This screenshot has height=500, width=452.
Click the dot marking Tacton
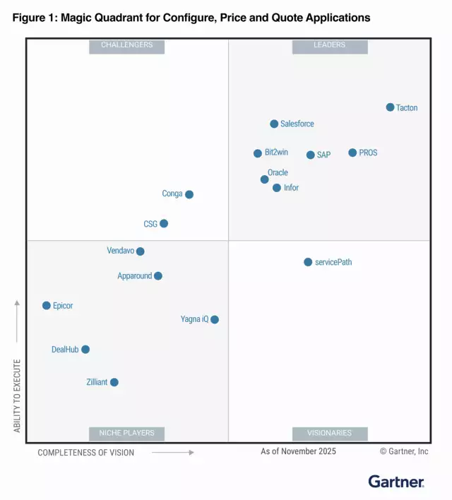click(x=390, y=107)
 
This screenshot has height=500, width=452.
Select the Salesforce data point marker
click(x=274, y=124)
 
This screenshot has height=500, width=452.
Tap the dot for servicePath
click(x=308, y=262)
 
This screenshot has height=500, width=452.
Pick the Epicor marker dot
click(x=47, y=306)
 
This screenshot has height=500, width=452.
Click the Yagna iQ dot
click(x=215, y=319)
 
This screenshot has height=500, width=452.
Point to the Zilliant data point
click(x=114, y=382)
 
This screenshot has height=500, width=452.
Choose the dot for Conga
click(x=189, y=194)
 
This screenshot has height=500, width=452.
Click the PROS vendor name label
click(x=368, y=153)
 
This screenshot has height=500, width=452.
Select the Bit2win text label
click(x=276, y=153)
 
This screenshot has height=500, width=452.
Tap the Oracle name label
click(x=278, y=172)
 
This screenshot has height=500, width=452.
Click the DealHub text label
click(x=65, y=349)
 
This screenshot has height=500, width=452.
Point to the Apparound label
click(x=134, y=276)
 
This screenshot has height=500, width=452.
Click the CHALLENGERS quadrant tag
click(x=126, y=45)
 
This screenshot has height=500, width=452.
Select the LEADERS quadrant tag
click(x=329, y=45)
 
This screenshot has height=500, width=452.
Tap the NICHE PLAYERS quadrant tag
click(x=126, y=433)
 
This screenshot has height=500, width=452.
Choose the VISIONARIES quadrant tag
click(x=329, y=433)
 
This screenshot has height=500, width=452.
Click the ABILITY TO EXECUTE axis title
click(x=18, y=395)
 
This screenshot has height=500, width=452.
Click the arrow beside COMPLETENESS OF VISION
click(x=172, y=453)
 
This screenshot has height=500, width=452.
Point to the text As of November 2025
click(x=298, y=451)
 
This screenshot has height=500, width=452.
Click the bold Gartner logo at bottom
click(x=396, y=482)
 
